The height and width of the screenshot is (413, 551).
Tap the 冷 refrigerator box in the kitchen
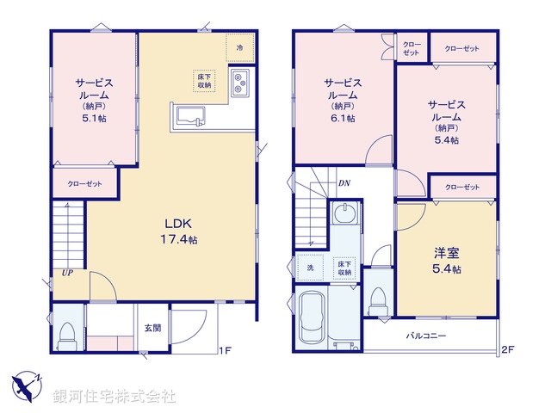click(239, 48)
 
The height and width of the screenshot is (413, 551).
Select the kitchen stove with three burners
click(240, 83)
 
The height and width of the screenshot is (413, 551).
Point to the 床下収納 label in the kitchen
click(204, 80)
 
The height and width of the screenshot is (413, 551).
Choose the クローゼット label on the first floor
click(85, 184)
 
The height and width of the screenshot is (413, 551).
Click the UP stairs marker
click(65, 274)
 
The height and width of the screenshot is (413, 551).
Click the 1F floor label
click(225, 350)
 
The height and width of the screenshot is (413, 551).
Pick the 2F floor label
click(507, 350)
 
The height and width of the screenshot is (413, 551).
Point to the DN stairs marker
click(344, 183)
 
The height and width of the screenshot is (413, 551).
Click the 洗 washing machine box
click(311, 268)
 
